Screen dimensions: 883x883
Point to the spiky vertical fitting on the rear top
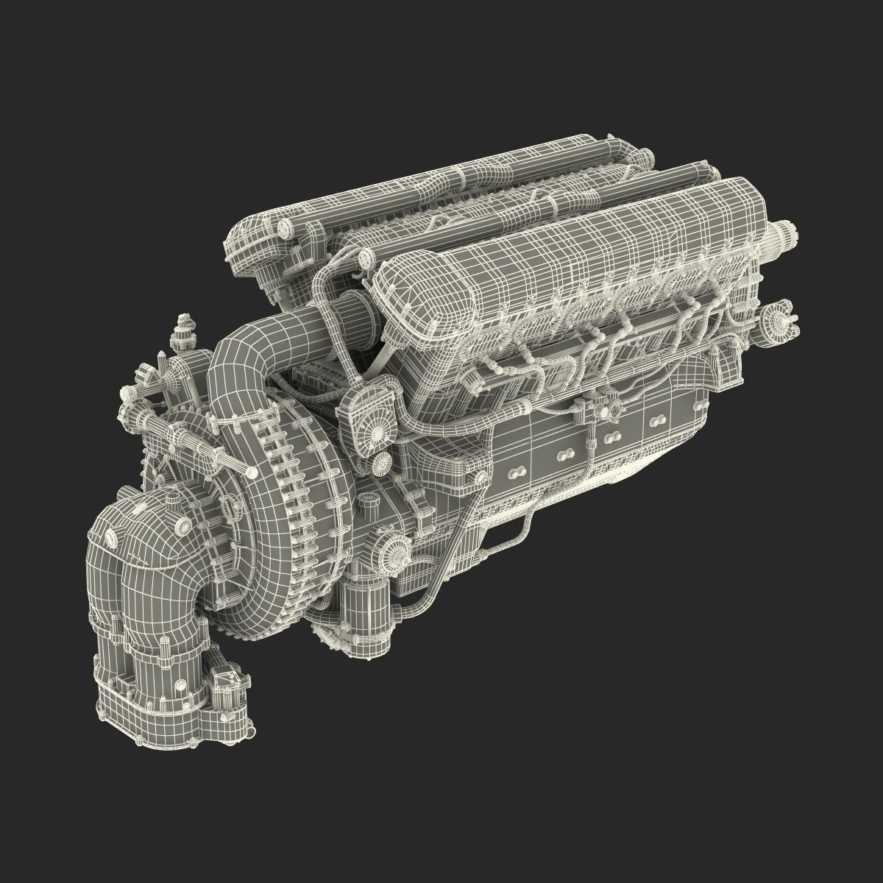180,331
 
